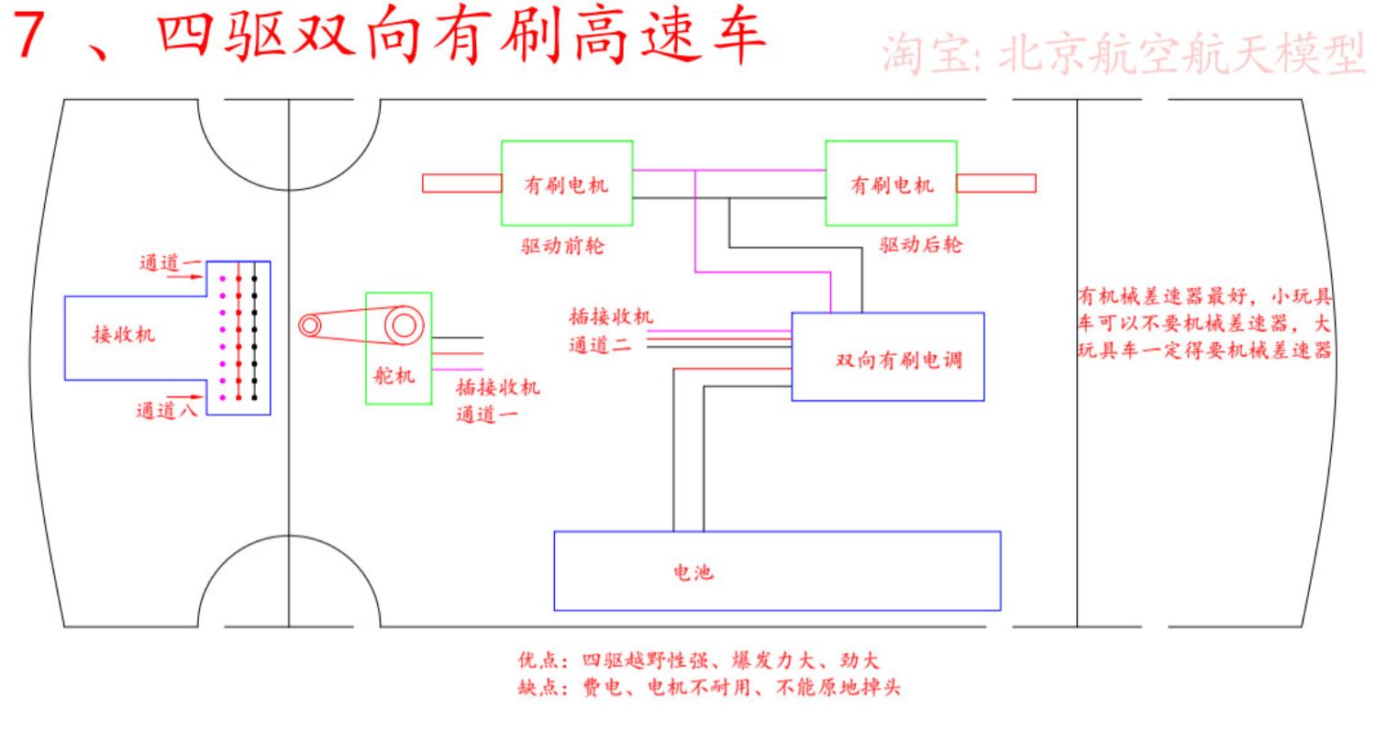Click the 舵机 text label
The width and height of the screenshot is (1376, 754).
click(394, 375)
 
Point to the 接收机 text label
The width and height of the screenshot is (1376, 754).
click(124, 335)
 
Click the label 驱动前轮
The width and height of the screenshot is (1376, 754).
click(562, 246)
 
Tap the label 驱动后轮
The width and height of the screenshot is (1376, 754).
click(921, 245)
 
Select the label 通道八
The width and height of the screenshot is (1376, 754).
click(166, 410)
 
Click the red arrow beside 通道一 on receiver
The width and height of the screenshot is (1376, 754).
click(185, 277)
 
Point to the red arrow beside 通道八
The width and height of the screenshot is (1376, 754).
click(185, 397)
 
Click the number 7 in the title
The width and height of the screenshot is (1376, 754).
click(28, 35)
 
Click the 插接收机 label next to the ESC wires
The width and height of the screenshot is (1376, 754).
click(611, 316)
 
